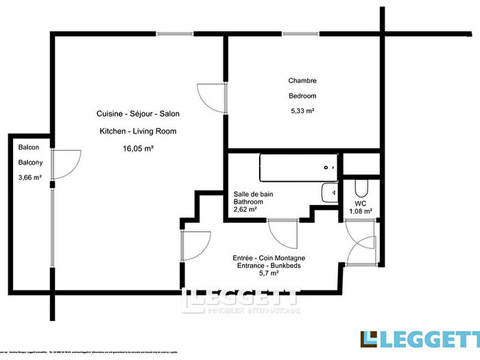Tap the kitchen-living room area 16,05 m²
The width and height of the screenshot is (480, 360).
tap(138, 147)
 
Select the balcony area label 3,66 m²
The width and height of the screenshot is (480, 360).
tap(30, 178)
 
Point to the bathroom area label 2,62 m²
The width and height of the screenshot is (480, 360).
tap(245, 211)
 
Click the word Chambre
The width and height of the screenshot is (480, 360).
tap(302, 80)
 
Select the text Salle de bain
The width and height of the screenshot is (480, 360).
tap(253, 195)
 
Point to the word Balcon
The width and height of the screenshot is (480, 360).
tap(28, 147)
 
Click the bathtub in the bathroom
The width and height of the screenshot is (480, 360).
tap(298, 167)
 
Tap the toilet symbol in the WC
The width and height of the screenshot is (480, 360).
tap(361, 189)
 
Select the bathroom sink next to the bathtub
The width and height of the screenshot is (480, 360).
tap(330, 193)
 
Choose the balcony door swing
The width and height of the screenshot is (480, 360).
tap(66, 164)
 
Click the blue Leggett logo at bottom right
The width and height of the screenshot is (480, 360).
tap(420, 339)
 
